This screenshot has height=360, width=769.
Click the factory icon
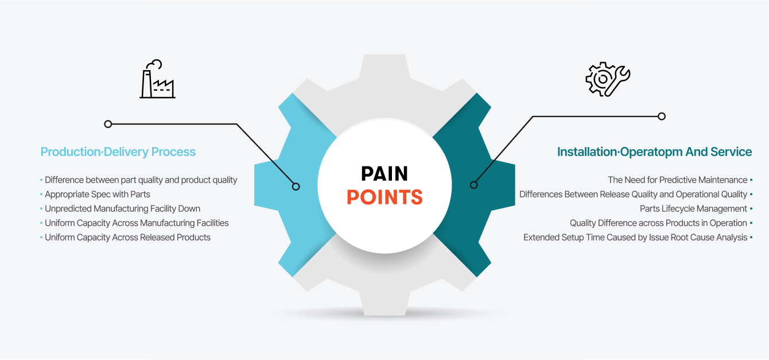[158, 79]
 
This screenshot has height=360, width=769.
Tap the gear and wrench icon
[608, 79]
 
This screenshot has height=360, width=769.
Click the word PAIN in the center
[384, 173]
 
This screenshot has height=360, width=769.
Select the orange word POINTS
[384, 197]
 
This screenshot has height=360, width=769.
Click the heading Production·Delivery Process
[118, 152]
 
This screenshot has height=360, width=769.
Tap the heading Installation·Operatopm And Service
[654, 152]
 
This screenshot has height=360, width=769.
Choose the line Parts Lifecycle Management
[696, 209]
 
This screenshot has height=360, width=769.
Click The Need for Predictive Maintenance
[680, 180]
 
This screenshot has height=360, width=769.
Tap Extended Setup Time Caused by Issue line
[638, 237]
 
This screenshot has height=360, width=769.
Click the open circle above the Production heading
[108, 124]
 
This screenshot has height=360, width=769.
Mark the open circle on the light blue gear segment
[296, 187]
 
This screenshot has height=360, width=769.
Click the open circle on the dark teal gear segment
[474, 185]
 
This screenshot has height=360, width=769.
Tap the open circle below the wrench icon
[662, 117]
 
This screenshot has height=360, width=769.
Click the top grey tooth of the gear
[384, 67]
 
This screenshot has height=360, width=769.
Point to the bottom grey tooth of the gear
[384, 302]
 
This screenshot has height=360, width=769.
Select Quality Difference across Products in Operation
[661, 223]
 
